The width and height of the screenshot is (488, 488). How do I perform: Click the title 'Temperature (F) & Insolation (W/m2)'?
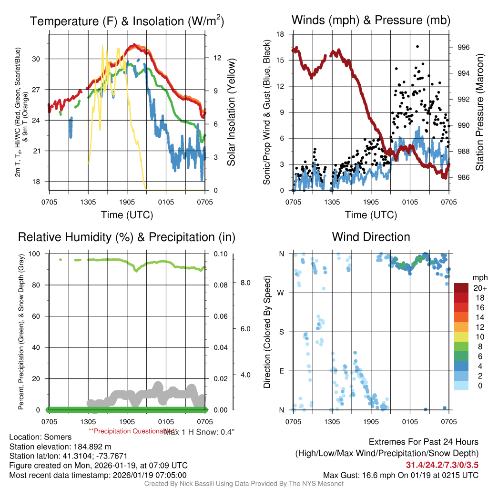pyautogui.click(x=127, y=21)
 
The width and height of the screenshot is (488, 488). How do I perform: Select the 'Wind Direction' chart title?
pyautogui.click(x=371, y=237)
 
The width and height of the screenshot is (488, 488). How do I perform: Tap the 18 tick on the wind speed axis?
pyautogui.click(x=281, y=34)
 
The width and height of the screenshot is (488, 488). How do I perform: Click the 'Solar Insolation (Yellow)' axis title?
pyautogui.click(x=232, y=112)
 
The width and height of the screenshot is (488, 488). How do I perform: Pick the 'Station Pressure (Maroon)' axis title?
pyautogui.click(x=480, y=112)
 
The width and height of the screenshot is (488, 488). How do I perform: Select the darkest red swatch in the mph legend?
pyautogui.click(x=461, y=288)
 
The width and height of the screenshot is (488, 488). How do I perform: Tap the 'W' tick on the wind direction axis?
pyautogui.click(x=281, y=293)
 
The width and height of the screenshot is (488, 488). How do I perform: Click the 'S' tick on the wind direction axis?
pyautogui.click(x=281, y=332)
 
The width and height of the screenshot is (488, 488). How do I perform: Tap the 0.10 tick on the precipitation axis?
pyautogui.click(x=221, y=254)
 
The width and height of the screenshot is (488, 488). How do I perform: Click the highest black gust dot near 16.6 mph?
pyautogui.click(x=417, y=46)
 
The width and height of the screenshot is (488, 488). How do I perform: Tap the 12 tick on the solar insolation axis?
pyautogui.click(x=217, y=58)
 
